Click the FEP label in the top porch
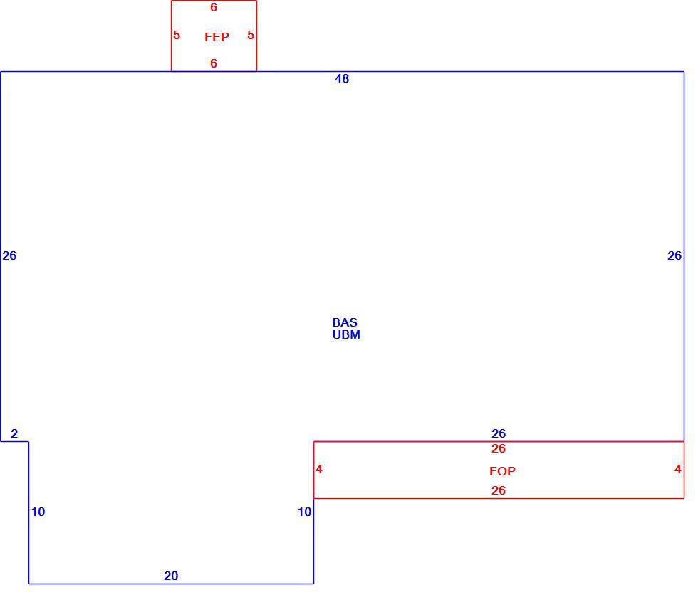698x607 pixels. [217, 37]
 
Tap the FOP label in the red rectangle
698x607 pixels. [502, 471]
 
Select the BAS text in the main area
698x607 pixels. [345, 322]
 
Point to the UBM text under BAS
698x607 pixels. [346, 334]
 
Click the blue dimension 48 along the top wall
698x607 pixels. [342, 78]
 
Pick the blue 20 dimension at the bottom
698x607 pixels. [171, 576]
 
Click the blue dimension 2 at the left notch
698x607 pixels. [14, 433]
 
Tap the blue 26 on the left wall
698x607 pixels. [9, 255]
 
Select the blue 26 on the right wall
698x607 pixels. [674, 255]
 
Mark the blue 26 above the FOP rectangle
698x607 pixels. [499, 433]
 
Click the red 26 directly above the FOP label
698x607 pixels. [499, 448]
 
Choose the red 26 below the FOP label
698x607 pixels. [499, 490]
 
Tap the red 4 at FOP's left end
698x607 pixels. [319, 469]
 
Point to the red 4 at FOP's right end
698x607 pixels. [677, 469]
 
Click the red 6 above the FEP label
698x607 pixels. [214, 7]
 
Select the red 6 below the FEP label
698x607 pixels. [214, 63]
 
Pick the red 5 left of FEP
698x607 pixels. [177, 35]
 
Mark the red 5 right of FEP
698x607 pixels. [251, 35]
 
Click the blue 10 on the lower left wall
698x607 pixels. [38, 512]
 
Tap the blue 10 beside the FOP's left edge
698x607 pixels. [305, 512]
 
